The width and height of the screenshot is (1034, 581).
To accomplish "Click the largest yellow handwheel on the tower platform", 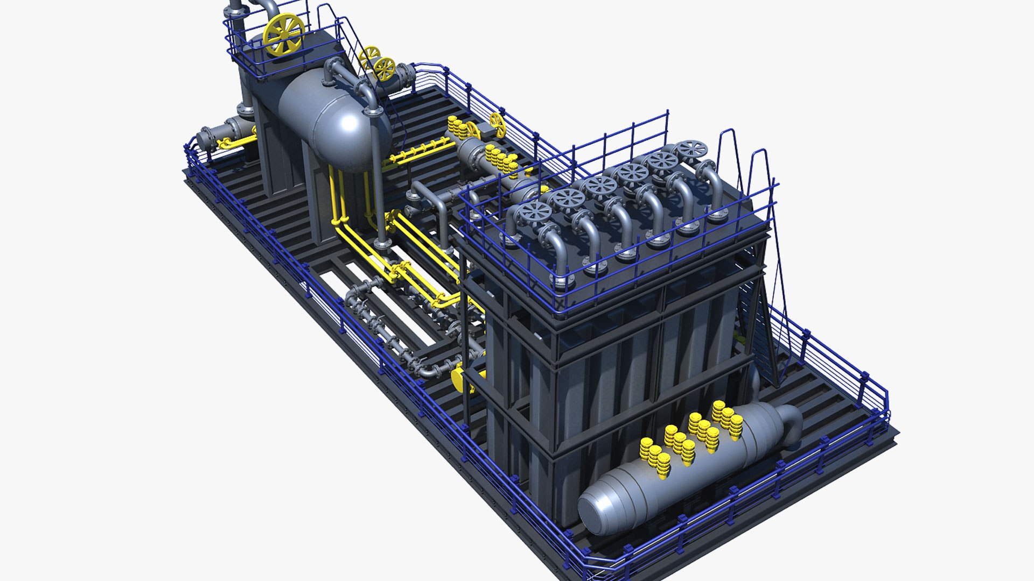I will pos(284,34).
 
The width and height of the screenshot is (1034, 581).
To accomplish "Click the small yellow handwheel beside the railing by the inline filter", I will pos(498,125).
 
